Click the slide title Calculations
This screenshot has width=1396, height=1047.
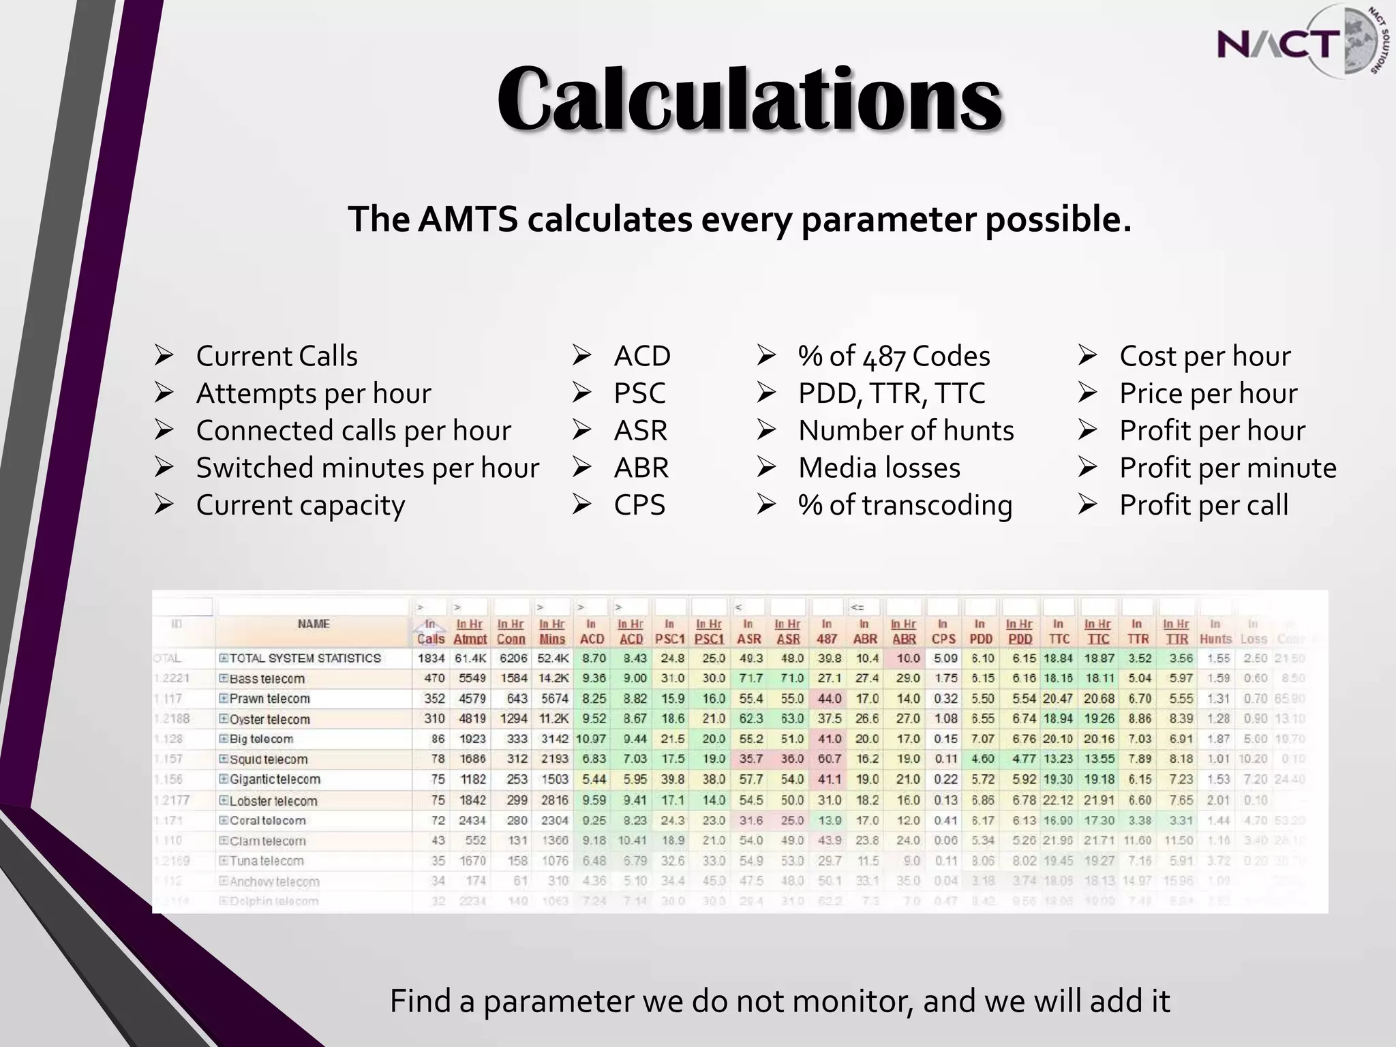pos(749,100)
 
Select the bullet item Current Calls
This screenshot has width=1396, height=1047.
pos(276,356)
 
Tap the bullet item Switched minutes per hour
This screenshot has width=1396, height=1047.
pos(367,468)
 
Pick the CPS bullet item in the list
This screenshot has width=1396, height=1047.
pos(639,505)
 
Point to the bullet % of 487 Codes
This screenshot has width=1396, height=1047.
pos(894,356)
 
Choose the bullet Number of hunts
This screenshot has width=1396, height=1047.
pos(906,431)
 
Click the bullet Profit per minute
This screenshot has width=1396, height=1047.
pos(1227,468)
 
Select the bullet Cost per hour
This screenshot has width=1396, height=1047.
pos(1204,356)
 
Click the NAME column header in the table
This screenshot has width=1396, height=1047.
pos(314,624)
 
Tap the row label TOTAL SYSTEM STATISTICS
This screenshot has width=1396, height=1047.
pos(305,658)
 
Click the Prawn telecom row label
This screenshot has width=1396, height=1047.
pos(269,699)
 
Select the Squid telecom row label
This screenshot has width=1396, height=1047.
pos(269,759)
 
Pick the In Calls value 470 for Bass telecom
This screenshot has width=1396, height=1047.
pos(434,679)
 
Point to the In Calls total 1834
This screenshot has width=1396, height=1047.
pos(431,658)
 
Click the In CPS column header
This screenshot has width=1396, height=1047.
pos(943,632)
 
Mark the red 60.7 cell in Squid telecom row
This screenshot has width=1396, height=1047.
pos(828,759)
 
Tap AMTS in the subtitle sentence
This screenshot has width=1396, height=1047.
pos(468,219)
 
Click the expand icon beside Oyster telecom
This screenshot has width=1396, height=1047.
pos(223,719)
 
